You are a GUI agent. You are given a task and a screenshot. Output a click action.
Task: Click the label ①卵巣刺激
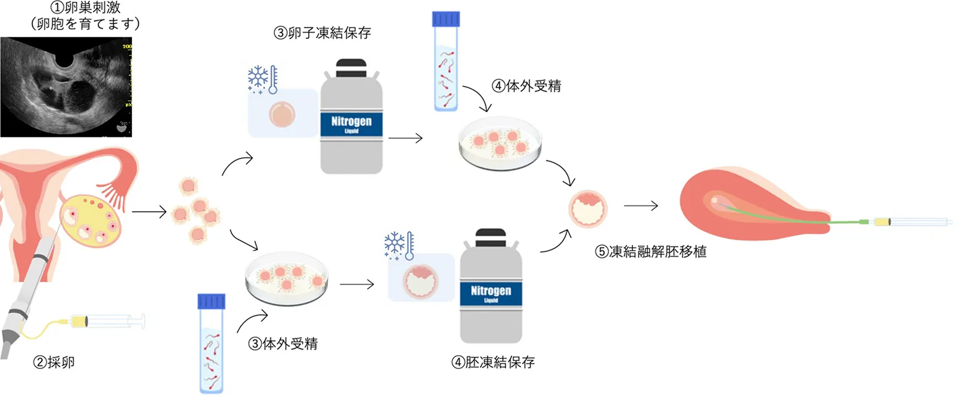86,8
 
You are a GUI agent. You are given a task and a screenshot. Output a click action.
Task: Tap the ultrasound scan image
66,87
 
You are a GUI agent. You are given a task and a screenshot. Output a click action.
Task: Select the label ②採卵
54,362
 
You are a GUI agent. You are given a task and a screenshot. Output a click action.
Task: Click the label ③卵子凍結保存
322,33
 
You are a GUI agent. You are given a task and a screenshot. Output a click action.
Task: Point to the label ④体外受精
526,86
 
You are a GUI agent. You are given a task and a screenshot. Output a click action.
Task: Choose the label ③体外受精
283,344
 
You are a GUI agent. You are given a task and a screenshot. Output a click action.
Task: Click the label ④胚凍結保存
493,362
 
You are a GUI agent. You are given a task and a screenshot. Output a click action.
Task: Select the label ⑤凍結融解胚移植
650,251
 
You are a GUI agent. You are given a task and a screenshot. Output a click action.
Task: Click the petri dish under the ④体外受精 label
500,145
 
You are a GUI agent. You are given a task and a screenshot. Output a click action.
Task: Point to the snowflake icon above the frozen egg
258,78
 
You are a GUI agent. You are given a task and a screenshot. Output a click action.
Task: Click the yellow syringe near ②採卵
108,322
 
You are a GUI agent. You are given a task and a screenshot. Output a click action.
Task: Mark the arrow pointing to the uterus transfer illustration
641,206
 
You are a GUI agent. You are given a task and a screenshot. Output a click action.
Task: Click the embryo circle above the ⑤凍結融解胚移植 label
587,209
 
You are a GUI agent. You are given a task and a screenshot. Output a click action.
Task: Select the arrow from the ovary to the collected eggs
149,212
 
